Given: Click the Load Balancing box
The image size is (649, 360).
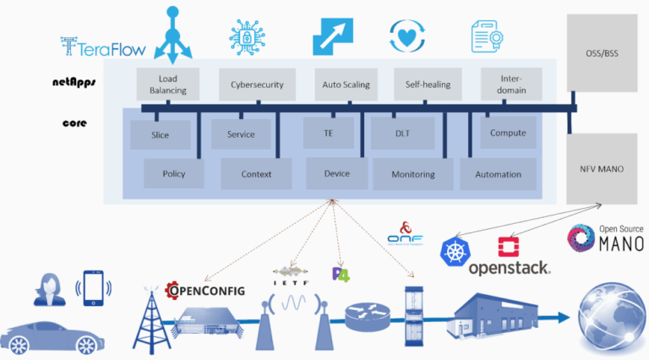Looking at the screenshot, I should click(166, 85).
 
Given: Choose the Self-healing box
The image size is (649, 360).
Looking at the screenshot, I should click(427, 85).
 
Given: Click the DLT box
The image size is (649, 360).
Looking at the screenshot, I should click(402, 134).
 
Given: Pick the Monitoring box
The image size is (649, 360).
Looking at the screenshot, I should click(412, 174).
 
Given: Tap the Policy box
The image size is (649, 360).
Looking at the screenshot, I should click(174, 174).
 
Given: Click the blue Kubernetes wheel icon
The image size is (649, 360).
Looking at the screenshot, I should click(455, 251).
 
